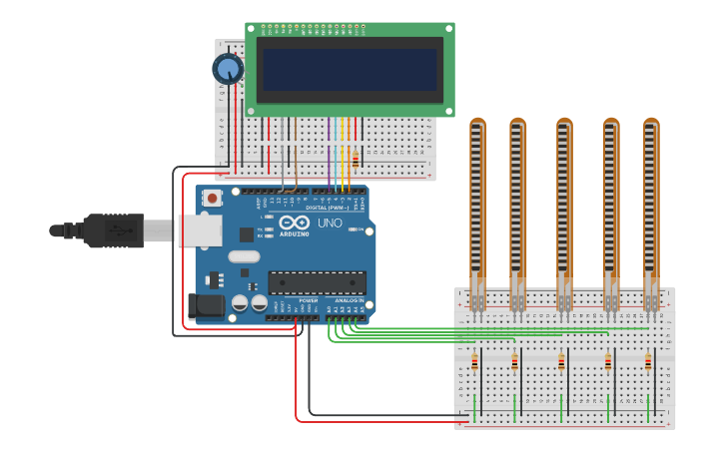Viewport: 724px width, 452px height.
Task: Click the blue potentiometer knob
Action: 228,69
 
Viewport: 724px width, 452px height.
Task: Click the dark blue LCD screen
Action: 350,70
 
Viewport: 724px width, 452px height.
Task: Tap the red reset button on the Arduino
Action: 212,198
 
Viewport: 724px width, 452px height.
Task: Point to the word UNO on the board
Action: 330,223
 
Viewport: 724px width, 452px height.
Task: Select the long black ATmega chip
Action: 317,282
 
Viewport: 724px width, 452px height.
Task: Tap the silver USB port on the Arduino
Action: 200,230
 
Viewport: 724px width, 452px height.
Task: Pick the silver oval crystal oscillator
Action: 244,256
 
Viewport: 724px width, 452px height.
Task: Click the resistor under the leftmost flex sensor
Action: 474,363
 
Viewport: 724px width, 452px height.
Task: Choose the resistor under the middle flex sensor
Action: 561,363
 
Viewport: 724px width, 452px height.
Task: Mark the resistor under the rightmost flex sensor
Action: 648,363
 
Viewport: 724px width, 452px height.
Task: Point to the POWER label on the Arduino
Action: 309,299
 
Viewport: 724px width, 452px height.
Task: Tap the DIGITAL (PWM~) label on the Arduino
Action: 328,207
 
